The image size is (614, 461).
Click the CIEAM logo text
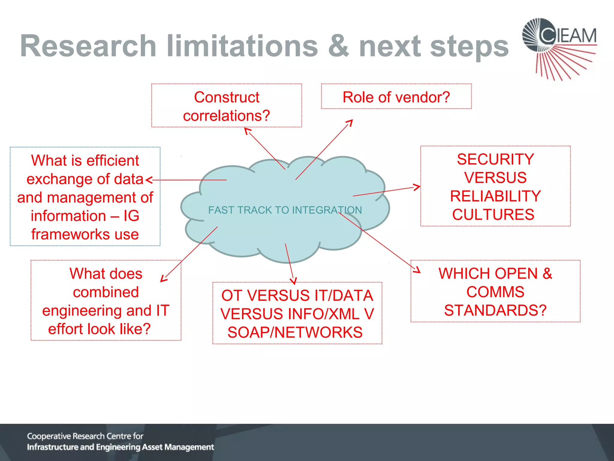[x=568, y=36]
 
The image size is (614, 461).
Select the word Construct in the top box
[x=227, y=97]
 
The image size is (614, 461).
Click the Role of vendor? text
[x=396, y=97]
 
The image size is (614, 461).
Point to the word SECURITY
[x=495, y=159]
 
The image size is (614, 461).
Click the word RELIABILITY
[x=495, y=196]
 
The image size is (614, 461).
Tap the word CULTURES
[x=493, y=215]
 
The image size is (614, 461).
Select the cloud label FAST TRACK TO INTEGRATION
[x=285, y=210]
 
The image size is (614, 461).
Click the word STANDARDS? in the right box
[x=495, y=310]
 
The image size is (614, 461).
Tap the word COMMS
[x=495, y=292]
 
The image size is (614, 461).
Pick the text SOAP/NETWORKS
[x=295, y=332]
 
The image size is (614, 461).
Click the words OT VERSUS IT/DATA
[x=297, y=295]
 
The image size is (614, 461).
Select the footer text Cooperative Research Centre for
[x=85, y=436]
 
